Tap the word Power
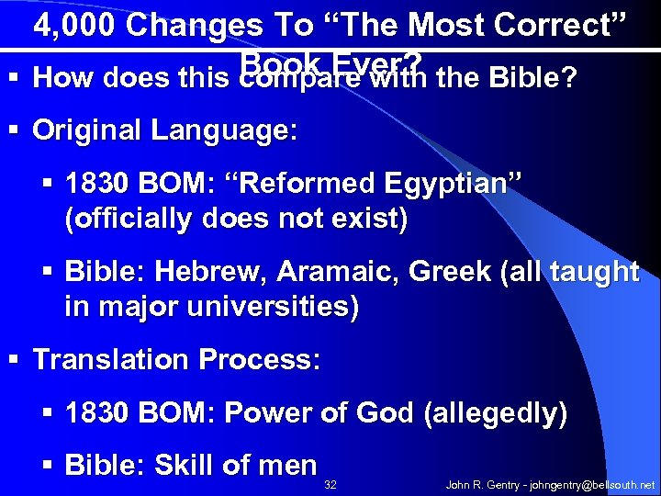272,413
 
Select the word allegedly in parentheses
496,414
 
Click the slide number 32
331,483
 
